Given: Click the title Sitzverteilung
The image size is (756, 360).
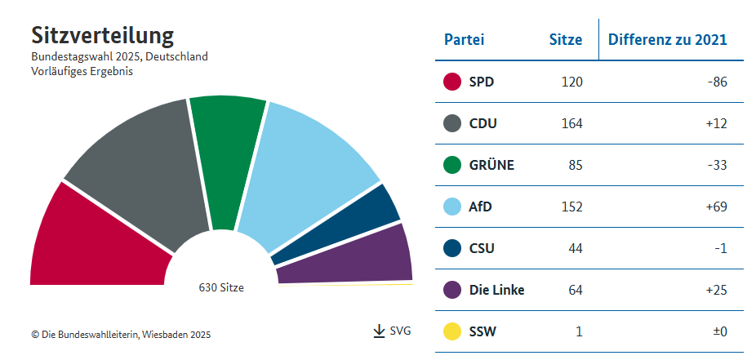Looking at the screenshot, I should [102, 36].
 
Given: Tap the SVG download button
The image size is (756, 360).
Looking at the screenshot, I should [392, 331].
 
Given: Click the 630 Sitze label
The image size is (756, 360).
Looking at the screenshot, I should [221, 287].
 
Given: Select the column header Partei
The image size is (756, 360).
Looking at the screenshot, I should [464, 39].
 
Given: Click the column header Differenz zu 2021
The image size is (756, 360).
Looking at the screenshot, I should [667, 39].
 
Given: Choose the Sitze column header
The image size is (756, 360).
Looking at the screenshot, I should [565, 39].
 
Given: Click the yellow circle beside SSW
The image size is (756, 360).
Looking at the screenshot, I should [453, 332].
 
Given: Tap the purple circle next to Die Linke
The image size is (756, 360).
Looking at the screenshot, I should [453, 291].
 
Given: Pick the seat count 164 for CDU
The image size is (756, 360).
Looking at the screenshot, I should [571, 124].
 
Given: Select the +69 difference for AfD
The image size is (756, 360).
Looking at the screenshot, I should [715, 207].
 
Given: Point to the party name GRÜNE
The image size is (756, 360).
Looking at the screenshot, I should [491, 166].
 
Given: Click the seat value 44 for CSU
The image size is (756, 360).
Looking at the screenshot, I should [575, 249].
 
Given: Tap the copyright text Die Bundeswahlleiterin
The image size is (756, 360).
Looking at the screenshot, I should [121, 334].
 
